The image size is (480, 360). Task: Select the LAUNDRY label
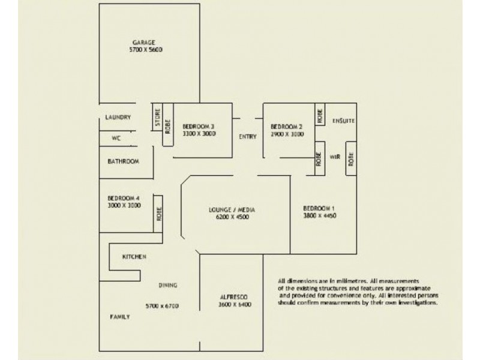[118, 118]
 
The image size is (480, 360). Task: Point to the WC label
[117, 137]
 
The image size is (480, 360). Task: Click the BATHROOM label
[124, 161]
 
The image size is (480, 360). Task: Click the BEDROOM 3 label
[199, 126]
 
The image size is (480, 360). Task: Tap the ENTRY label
[248, 137]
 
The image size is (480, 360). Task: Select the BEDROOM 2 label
[286, 127]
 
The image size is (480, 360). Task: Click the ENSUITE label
[343, 121]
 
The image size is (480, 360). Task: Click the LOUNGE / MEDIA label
[232, 209]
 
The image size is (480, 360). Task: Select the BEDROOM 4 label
[124, 198]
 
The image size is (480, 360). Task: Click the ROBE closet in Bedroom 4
[160, 214]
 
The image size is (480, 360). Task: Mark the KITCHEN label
[134, 257]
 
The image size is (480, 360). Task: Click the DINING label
[167, 285]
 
